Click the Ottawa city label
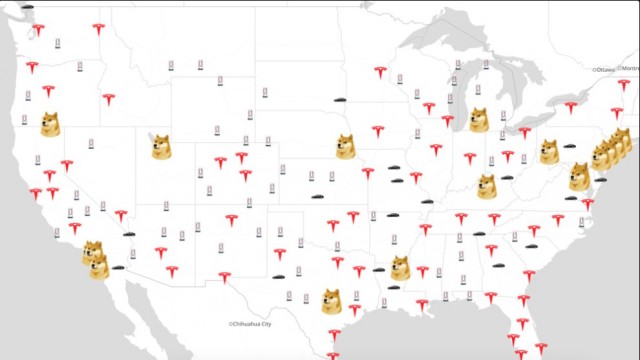click(x=605, y=70)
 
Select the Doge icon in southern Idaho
click(x=161, y=146)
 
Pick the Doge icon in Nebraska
click(x=346, y=146)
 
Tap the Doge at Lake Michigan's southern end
click(x=479, y=119)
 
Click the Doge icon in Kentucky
click(x=487, y=186)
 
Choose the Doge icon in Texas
click(x=331, y=300)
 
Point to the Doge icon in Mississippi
click(x=401, y=267)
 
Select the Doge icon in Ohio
click(x=549, y=151)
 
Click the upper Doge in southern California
click(x=92, y=252)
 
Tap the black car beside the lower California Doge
click(x=119, y=268)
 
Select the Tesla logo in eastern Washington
click(x=98, y=29)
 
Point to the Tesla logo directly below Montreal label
click(x=625, y=85)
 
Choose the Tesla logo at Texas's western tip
click(x=225, y=277)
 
